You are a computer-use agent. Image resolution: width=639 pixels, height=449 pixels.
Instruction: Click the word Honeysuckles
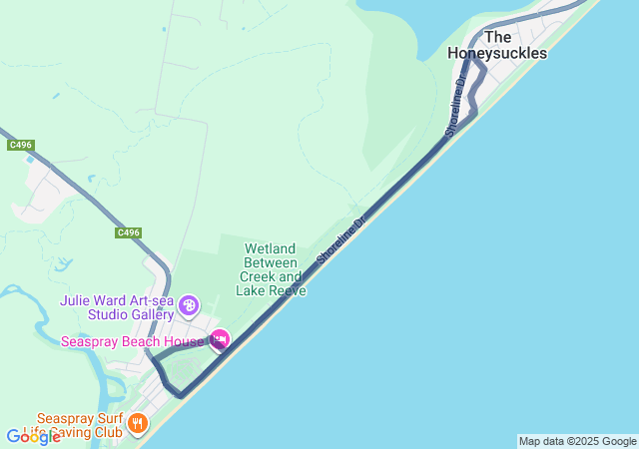point(497,53)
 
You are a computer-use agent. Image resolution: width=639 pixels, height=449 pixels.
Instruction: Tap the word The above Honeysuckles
point(497,37)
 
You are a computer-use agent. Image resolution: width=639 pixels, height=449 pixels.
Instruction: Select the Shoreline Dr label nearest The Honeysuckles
point(456,107)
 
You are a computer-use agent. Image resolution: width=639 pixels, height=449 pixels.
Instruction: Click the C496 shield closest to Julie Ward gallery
point(128,232)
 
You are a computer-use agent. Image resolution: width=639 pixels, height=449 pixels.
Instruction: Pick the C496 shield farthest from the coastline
point(21,146)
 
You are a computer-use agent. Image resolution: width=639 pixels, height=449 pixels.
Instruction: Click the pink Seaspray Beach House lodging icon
point(219,340)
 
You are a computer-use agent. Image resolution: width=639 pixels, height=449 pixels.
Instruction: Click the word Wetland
point(271,248)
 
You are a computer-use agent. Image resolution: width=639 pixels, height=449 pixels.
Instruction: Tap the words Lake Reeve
point(271,290)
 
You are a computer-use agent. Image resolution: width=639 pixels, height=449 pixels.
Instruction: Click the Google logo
point(33,436)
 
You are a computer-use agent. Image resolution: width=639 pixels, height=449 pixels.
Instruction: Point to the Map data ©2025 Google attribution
point(577,441)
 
